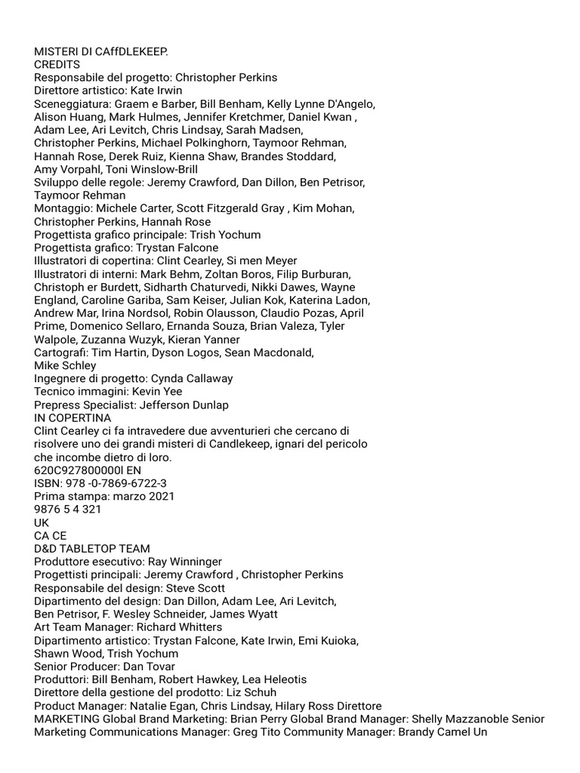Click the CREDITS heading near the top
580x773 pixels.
pyautogui.click(x=57, y=64)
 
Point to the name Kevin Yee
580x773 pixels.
pyautogui.click(x=157, y=392)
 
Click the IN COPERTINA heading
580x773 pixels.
pyautogui.click(x=72, y=417)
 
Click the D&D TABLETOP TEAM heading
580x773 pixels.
pyautogui.click(x=92, y=549)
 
